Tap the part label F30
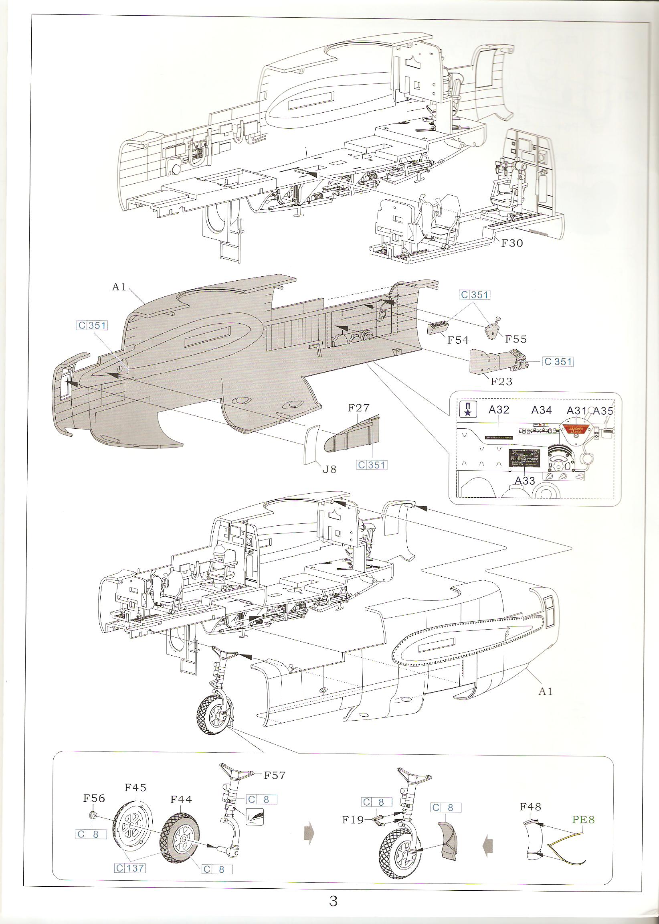pyautogui.click(x=512, y=243)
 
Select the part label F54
pyautogui.click(x=458, y=340)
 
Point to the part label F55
pyautogui.click(x=516, y=339)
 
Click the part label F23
pyautogui.click(x=501, y=381)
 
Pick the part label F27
pyautogui.click(x=359, y=408)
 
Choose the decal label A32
pyautogui.click(x=499, y=410)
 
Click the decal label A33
pyautogui.click(x=525, y=481)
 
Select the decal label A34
pyautogui.click(x=541, y=410)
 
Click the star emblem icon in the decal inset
pyautogui.click(x=467, y=409)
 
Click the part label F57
pyautogui.click(x=275, y=775)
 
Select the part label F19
pyautogui.click(x=353, y=820)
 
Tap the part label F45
pyautogui.click(x=135, y=788)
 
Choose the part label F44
pyautogui.click(x=180, y=799)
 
